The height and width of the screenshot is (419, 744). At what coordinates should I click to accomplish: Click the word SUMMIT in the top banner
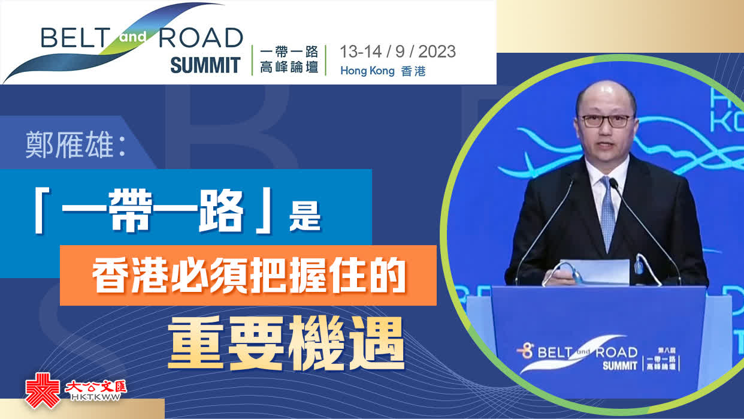point(205,65)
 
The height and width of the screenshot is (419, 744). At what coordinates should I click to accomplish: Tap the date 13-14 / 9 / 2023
point(398,52)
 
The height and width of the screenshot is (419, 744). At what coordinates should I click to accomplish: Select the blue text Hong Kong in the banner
point(367,71)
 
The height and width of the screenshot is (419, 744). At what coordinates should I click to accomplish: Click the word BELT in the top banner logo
point(75,38)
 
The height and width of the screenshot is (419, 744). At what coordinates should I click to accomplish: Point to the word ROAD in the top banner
point(201,38)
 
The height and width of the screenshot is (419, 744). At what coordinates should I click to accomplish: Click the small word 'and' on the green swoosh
point(133,37)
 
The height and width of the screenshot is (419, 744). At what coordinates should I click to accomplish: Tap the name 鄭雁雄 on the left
point(69,145)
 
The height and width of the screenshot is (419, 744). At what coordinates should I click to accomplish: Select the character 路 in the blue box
point(222,211)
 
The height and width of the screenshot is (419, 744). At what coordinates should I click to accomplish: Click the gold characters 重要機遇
point(286,343)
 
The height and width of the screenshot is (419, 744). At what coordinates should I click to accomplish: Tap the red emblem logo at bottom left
point(43,390)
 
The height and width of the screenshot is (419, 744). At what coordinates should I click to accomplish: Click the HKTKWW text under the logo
point(96,397)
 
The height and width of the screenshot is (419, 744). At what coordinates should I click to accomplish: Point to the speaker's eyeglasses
point(606,120)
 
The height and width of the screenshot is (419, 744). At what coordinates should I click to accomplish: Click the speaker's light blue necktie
point(607,213)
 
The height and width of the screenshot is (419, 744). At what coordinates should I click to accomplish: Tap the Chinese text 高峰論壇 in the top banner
point(289,68)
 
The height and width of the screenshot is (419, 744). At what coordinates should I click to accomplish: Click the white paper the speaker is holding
point(594,272)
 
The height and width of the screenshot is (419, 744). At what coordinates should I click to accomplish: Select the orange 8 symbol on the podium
point(525,351)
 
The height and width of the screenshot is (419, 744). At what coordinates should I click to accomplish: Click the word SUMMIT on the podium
point(620,366)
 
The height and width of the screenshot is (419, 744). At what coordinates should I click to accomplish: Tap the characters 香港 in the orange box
point(130,276)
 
